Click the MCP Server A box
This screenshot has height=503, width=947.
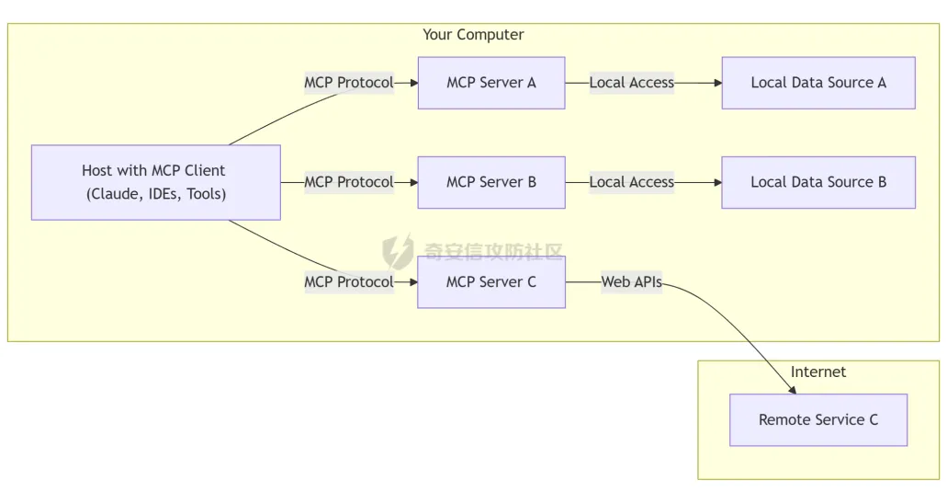point(491,83)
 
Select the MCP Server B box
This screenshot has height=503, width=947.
point(491,182)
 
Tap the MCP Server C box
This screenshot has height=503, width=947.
point(491,281)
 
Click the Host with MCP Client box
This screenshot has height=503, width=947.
point(155,182)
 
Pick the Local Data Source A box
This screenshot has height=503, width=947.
point(818,83)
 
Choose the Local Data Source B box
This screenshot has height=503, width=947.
point(818,182)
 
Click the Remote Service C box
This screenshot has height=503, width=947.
point(818,419)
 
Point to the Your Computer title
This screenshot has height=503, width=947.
point(473,35)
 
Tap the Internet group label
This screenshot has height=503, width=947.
point(818,372)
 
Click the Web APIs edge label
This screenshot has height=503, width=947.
point(632,281)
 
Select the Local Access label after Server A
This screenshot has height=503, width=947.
point(632,83)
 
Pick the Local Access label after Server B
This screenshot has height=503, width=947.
point(632,182)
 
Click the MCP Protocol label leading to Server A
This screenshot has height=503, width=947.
point(349,83)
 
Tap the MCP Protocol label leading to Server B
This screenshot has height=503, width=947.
point(349,182)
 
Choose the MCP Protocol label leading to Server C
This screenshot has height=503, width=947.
point(349,281)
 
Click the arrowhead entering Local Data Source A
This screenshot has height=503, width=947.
point(716,83)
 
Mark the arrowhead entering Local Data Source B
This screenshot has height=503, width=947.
point(716,182)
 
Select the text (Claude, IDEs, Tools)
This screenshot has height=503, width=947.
point(156,194)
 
